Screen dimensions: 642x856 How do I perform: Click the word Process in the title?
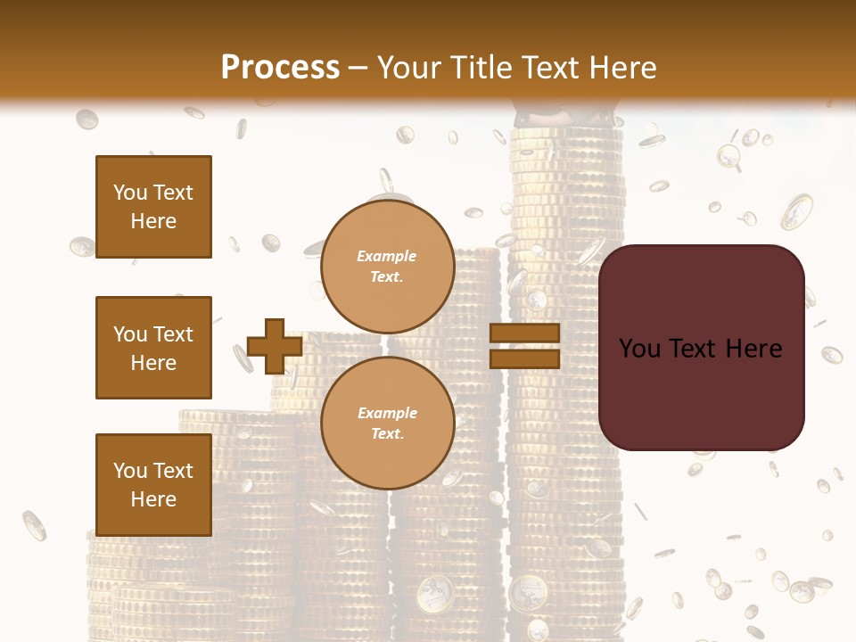280,67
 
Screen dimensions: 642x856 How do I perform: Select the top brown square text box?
153,207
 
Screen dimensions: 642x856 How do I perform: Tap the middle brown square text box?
153,348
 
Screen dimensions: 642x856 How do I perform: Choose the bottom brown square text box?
153,484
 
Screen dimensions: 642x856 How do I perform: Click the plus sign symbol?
275,347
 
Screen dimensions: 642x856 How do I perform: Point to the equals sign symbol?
524,346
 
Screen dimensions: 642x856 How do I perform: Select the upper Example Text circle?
387,267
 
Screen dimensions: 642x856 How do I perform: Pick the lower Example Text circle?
387,424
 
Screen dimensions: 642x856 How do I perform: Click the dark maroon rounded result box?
701,348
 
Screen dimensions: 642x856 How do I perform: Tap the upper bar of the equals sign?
524,333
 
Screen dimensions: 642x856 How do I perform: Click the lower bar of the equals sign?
524,358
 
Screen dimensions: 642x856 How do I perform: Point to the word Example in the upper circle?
386,256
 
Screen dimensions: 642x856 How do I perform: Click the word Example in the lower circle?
387,413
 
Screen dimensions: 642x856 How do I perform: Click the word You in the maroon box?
639,349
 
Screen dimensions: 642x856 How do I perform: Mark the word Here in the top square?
153,221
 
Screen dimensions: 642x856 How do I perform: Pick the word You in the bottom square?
130,470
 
